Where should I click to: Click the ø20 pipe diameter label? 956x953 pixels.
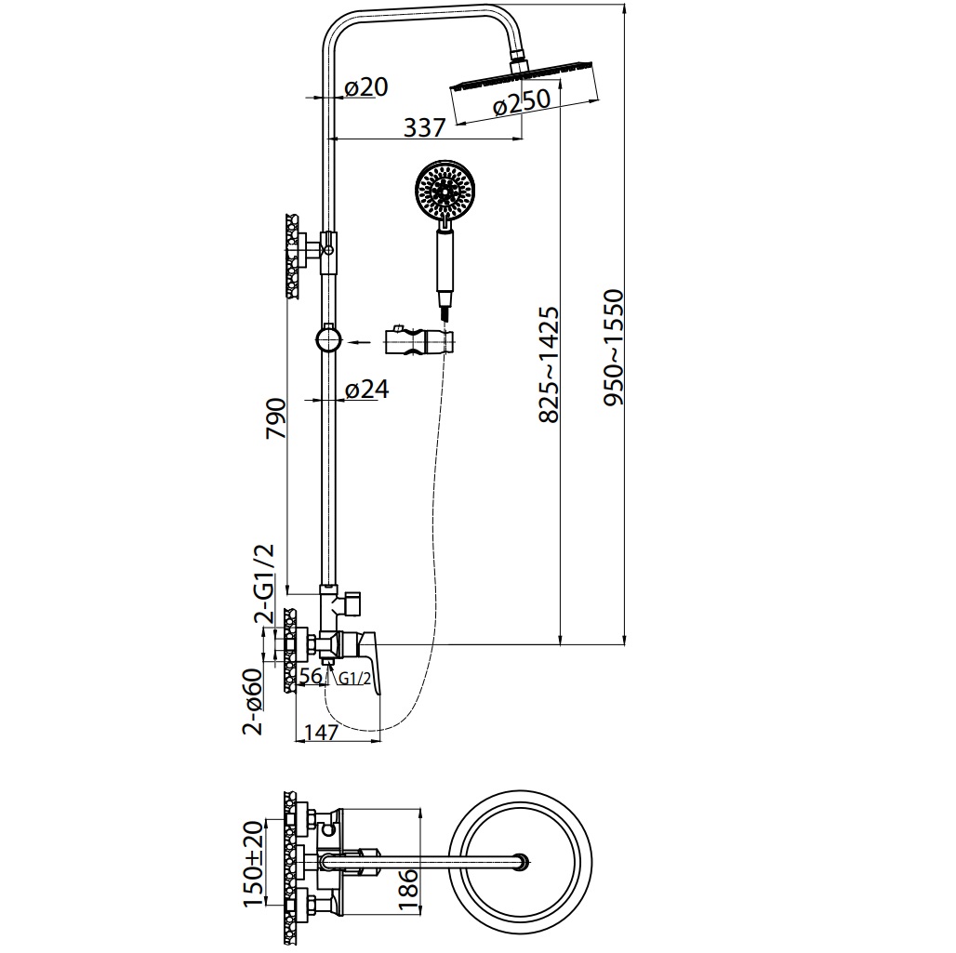365,87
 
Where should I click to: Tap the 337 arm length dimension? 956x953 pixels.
425,127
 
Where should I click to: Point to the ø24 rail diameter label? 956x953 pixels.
366,389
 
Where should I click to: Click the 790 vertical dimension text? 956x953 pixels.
276,418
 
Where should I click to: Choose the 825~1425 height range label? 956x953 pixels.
549,364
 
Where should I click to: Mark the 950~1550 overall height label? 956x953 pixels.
614,348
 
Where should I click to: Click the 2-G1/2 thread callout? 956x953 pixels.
265,584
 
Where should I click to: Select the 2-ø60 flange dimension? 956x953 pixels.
252,702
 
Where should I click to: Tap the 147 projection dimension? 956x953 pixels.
321,731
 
